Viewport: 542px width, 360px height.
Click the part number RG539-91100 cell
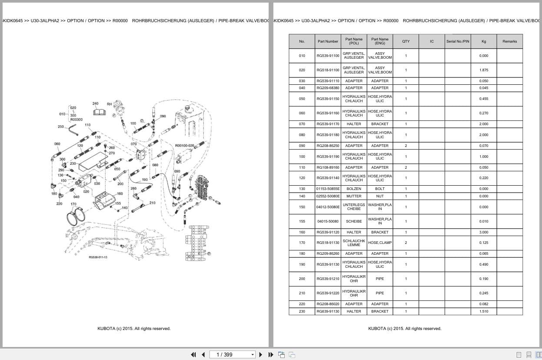point(328,56)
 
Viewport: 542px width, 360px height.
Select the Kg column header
point(483,41)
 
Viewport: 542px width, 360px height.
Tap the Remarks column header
point(509,41)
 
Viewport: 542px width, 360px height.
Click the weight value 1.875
point(483,70)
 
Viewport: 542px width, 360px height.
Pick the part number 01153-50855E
point(328,189)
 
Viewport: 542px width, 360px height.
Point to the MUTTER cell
point(354,196)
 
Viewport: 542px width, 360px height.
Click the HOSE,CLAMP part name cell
point(379,243)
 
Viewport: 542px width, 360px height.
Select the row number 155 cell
point(302,221)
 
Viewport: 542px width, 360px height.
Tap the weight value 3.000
point(483,232)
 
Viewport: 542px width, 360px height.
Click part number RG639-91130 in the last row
point(328,311)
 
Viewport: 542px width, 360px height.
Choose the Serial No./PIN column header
point(457,41)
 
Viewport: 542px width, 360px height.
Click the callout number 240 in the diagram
point(95,103)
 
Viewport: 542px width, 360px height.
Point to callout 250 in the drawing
point(61,127)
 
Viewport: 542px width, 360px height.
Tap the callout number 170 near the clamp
point(73,204)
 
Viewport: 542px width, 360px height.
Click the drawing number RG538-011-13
point(98,257)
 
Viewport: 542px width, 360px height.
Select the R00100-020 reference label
point(184,146)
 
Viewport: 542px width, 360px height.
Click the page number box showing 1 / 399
point(232,354)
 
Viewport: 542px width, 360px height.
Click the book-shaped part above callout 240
point(100,112)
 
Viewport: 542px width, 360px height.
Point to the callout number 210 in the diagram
point(152,203)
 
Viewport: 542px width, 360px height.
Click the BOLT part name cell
point(379,189)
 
